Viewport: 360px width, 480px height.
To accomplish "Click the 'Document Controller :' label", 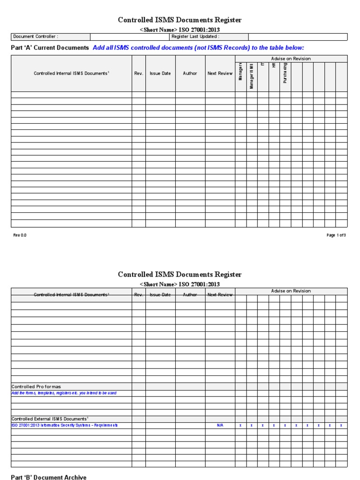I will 36,37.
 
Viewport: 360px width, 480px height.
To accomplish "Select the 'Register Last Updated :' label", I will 195,37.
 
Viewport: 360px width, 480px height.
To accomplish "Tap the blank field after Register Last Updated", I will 298,37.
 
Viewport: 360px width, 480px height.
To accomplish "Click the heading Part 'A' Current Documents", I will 50,48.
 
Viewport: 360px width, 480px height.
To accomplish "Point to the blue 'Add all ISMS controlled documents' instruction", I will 198,48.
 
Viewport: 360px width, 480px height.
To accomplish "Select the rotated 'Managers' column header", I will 240,71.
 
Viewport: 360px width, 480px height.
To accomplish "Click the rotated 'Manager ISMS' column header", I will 252,76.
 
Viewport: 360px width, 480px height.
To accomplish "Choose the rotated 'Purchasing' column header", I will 285,73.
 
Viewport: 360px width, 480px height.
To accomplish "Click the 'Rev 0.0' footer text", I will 20,235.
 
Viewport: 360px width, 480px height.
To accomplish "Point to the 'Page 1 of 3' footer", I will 336,235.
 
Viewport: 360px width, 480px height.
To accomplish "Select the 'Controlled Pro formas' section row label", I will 36,387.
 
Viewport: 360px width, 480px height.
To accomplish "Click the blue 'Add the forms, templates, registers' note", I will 64,393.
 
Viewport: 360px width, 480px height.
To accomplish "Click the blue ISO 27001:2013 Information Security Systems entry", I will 65,425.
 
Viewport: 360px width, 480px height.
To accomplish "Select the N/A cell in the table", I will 220,425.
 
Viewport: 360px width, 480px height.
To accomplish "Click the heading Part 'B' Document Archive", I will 49,477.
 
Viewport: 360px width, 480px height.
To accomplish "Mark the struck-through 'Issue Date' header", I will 160,295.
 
